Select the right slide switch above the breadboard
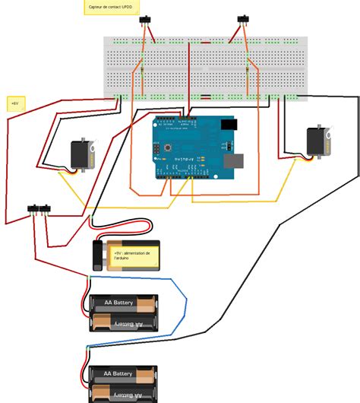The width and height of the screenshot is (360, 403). (243, 19)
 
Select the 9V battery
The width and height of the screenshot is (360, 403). (125, 254)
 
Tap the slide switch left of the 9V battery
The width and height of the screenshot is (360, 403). (40, 208)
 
